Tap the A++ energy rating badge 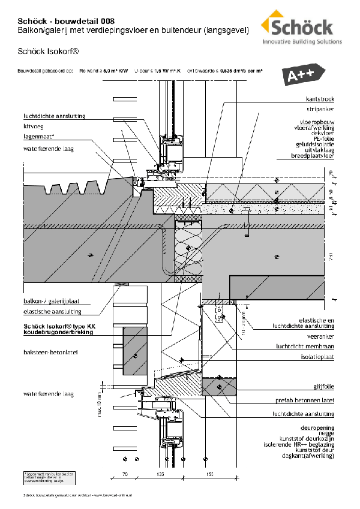coord(302,76)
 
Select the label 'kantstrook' coord(320,99)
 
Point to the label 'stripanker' coord(321,110)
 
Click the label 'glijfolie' coord(322,386)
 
